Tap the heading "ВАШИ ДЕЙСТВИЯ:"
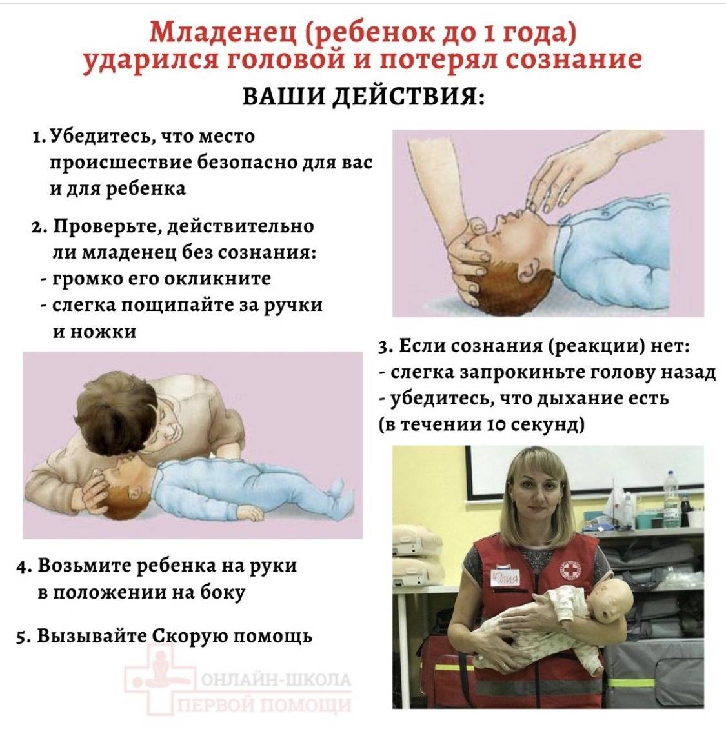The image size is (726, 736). coord(363,97)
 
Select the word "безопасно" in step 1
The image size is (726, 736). coord(247,163)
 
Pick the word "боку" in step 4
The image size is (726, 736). coord(223,592)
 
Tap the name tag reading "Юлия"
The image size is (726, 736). coord(505,577)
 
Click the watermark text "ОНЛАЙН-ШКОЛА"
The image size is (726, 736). coord(276,680)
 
